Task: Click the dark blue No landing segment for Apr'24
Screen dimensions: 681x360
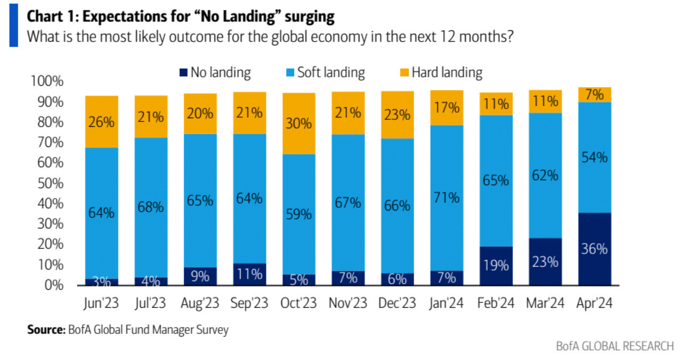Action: click(x=595, y=249)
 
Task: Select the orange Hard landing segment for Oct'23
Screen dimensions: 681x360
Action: click(x=299, y=124)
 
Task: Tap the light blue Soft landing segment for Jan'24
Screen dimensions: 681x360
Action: click(x=447, y=198)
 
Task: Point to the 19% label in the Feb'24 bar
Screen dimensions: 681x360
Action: click(x=496, y=265)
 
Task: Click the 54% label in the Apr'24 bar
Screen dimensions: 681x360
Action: click(x=594, y=158)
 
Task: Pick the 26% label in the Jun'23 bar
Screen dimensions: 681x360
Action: click(x=101, y=122)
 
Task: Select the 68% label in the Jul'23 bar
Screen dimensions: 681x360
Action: click(x=150, y=207)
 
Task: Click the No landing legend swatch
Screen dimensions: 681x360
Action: click(x=183, y=72)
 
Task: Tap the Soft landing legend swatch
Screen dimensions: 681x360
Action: click(x=290, y=72)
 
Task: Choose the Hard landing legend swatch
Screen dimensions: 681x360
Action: click(x=404, y=72)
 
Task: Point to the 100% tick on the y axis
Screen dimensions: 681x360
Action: click(x=47, y=81)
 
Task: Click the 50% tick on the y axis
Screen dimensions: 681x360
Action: click(x=51, y=183)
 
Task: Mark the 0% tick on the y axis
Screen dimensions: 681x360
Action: click(x=54, y=285)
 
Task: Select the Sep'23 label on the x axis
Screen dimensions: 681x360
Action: click(x=249, y=303)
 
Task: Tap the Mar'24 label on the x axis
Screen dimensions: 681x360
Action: click(x=545, y=303)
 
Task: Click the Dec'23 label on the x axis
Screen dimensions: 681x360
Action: click(x=397, y=303)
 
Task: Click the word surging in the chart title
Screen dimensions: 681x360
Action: click(x=310, y=17)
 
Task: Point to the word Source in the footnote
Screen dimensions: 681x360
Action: click(x=46, y=329)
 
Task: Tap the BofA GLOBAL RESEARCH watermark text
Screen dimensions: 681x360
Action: click(x=615, y=346)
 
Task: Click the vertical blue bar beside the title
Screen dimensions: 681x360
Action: click(x=14, y=25)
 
